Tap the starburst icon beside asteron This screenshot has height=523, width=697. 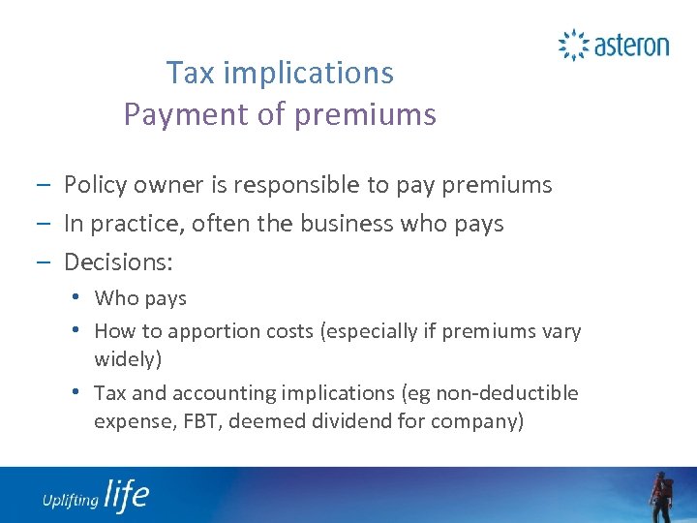[573, 45]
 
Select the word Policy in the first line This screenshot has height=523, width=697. [94, 184]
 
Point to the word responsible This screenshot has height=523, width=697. [306, 184]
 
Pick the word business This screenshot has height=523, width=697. [359, 224]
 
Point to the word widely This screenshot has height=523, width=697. [126, 360]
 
